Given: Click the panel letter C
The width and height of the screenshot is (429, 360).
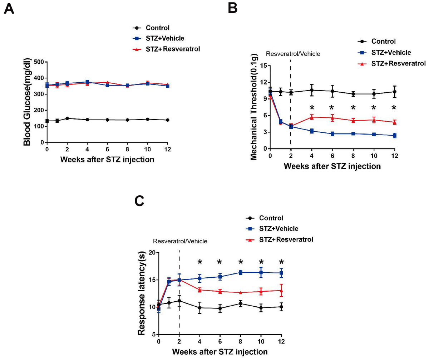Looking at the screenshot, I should pyautogui.click(x=139, y=201).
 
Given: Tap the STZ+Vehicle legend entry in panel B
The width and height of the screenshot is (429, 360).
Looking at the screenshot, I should pyautogui.click(x=391, y=52).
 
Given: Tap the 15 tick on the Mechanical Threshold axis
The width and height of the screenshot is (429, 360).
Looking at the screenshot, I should pyautogui.click(x=263, y=65).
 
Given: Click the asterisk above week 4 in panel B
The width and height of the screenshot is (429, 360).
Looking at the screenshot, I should pyautogui.click(x=312, y=107).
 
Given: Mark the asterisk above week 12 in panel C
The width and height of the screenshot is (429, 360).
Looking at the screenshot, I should pyautogui.click(x=281, y=262).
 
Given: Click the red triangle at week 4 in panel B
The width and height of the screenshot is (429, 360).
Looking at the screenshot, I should pyautogui.click(x=312, y=117).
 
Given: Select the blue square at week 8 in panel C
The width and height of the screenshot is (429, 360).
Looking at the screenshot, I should pyautogui.click(x=241, y=272).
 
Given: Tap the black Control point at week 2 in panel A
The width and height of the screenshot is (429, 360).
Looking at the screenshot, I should pyautogui.click(x=57, y=118).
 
